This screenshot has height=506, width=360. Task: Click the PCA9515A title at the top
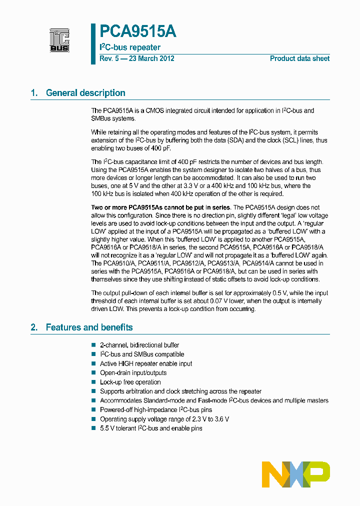tap(137, 32)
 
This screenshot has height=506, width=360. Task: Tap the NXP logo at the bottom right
tap(296, 471)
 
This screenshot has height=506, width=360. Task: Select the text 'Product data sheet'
tap(299, 58)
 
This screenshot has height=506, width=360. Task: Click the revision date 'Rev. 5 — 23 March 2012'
tap(136, 58)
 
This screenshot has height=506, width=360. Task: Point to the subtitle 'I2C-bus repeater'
tap(130, 47)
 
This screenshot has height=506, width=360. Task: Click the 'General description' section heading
tap(85, 93)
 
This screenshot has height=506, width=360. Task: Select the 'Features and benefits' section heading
tap(89, 327)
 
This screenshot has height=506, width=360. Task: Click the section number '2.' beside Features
tap(34, 327)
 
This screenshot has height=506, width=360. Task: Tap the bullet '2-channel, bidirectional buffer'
tap(139, 345)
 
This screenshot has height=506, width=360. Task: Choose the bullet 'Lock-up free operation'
tap(130, 382)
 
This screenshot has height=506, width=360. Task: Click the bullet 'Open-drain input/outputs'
tap(133, 373)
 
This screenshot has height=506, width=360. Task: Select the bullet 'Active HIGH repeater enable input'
tap(146, 363)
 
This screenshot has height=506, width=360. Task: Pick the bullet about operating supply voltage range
tap(164, 419)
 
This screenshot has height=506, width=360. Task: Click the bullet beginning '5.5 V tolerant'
tap(151, 428)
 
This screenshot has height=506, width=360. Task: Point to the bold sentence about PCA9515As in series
tap(160, 207)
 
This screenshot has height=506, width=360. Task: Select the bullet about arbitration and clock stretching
tap(180, 391)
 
